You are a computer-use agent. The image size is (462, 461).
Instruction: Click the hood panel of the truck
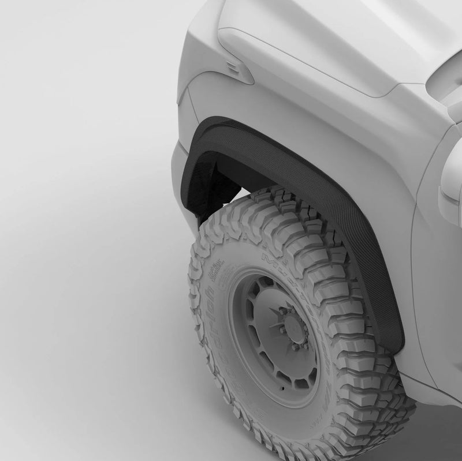click(323, 40)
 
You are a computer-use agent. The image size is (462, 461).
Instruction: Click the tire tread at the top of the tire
click(283, 208)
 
